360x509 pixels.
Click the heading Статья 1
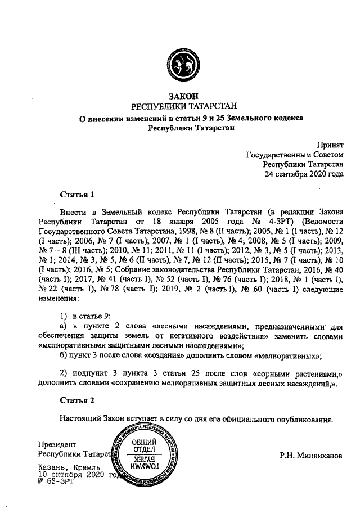coord(76,194)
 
